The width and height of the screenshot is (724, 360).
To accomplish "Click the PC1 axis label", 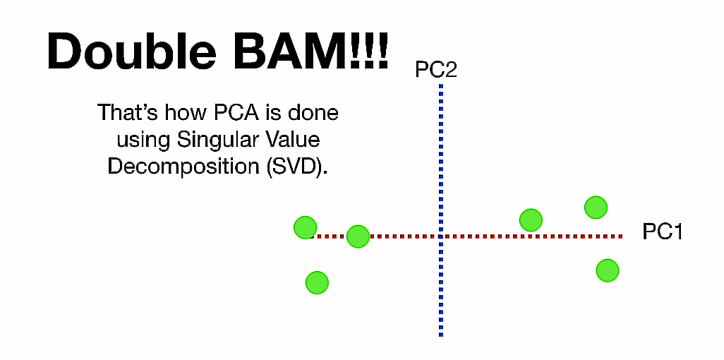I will pyautogui.click(x=663, y=232).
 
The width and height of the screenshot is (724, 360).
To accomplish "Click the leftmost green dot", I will pyautogui.click(x=305, y=227).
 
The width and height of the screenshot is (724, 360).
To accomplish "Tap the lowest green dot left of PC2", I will pyautogui.click(x=317, y=282).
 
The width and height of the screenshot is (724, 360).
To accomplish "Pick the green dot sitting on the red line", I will pyautogui.click(x=358, y=236).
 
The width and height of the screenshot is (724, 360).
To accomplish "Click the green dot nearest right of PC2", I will pyautogui.click(x=531, y=220).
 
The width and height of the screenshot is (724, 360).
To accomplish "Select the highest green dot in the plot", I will pyautogui.click(x=596, y=207).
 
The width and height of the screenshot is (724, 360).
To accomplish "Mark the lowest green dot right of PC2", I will pyautogui.click(x=607, y=270).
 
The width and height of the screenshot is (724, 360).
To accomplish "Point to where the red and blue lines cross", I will pyautogui.click(x=440, y=236).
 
